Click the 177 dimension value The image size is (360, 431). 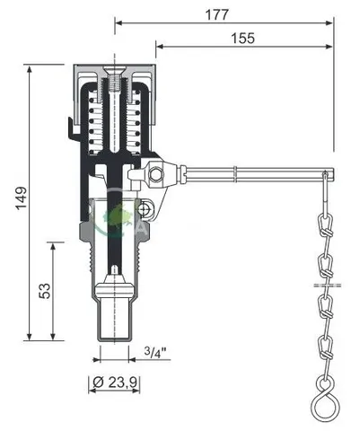click(x=217, y=14)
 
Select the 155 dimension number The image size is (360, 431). click(x=243, y=39)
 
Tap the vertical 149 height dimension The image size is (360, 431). click(x=22, y=198)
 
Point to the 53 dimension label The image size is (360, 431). click(x=45, y=291)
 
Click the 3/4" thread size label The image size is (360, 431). click(x=155, y=352)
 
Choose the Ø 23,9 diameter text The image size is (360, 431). click(x=115, y=382)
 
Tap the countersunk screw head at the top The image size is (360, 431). click(x=115, y=72)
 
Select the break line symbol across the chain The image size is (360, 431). click(x=328, y=285)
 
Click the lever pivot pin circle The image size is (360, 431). click(x=155, y=174)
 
